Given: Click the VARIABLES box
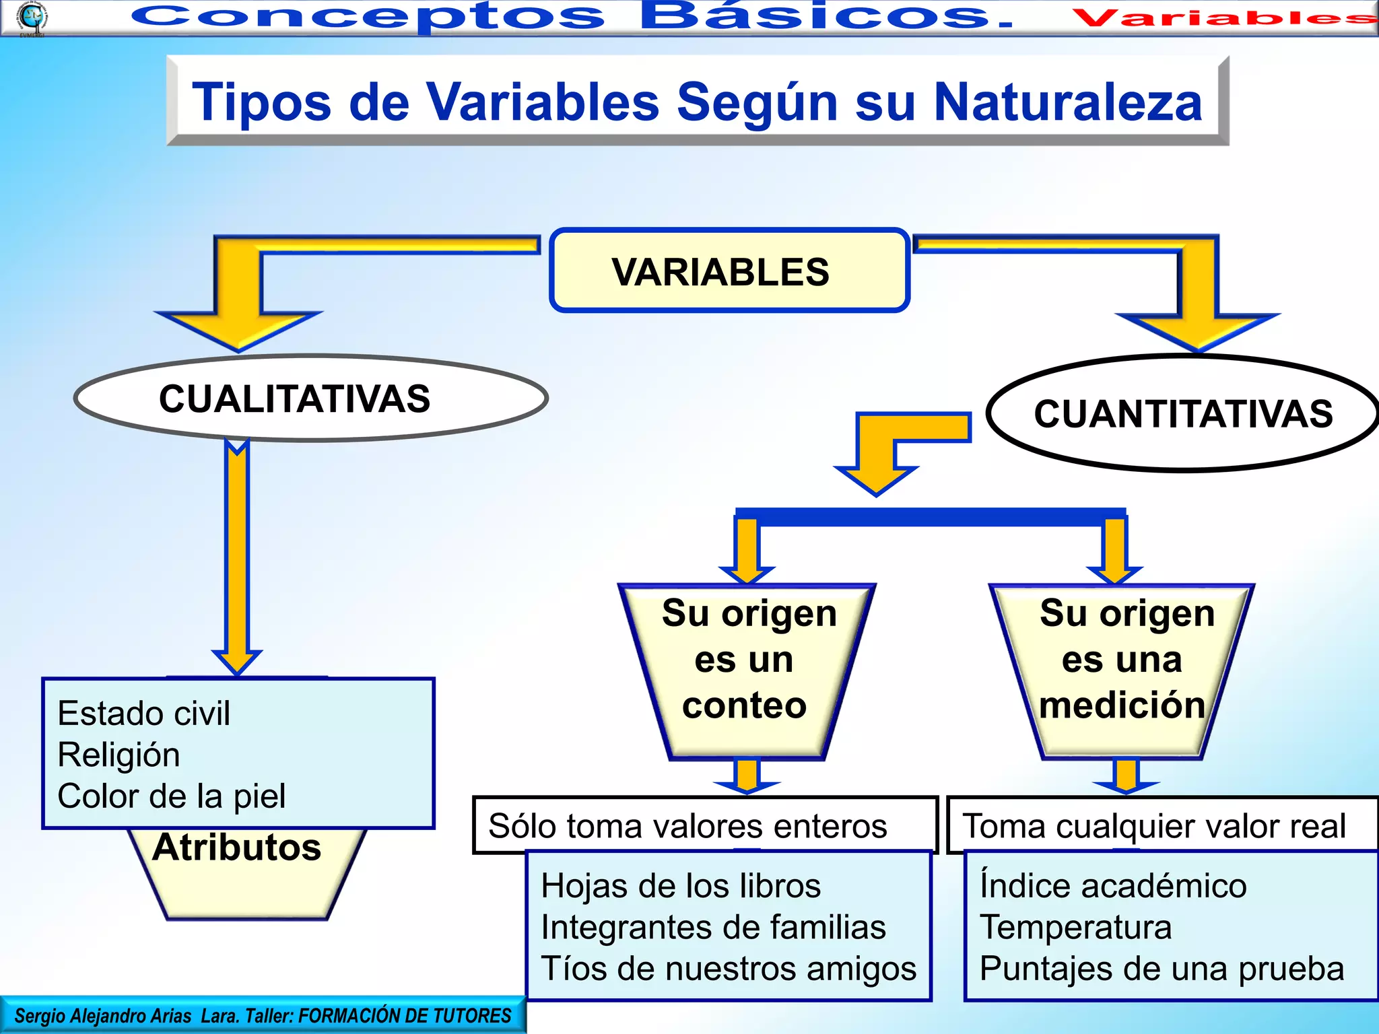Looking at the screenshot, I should (x=729, y=271).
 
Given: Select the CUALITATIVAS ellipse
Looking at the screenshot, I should (x=310, y=399).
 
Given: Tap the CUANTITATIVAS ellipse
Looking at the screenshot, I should (x=1183, y=413).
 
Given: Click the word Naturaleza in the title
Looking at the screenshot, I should (x=1068, y=102).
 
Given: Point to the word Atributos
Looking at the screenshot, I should (x=237, y=847).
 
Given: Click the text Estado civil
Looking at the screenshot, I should (x=144, y=713).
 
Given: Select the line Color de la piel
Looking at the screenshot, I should (x=172, y=796).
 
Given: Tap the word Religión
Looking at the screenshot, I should (x=119, y=755).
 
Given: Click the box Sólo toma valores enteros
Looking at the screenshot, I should (x=704, y=825).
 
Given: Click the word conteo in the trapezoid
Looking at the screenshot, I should (x=744, y=705).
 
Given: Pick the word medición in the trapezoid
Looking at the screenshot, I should (x=1122, y=705).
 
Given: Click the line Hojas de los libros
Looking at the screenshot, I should (x=681, y=885).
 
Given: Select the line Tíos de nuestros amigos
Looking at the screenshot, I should (x=729, y=969).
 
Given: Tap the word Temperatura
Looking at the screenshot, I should (x=1075, y=927).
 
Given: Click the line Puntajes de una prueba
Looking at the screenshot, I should (x=1162, y=969).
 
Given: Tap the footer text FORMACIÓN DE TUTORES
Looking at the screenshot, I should (x=405, y=1015).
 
